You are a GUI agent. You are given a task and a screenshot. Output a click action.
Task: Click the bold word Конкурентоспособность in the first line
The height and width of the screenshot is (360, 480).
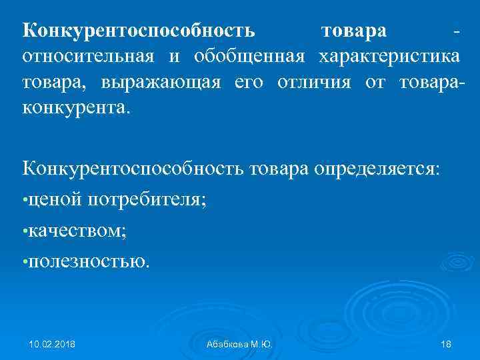(x=139, y=31)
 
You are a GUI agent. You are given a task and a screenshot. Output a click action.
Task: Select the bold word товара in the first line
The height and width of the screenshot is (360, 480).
(x=353, y=31)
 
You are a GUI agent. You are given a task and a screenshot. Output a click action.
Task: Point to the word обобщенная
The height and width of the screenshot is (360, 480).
(x=249, y=56)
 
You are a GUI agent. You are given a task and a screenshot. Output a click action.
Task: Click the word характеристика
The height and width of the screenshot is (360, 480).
(x=388, y=56)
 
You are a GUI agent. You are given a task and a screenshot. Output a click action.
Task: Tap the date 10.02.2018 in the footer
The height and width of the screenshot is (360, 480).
(x=52, y=344)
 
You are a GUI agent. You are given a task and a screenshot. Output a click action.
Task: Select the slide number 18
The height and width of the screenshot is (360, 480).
(x=446, y=344)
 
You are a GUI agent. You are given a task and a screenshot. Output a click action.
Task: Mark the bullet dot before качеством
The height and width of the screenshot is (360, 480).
(x=25, y=231)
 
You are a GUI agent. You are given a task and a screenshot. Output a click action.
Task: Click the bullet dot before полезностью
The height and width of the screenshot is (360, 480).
(x=25, y=262)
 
